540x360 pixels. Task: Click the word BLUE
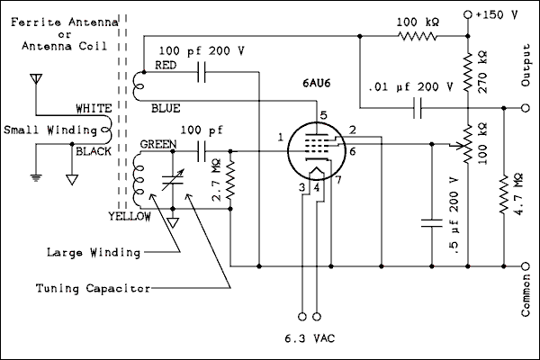[166, 109]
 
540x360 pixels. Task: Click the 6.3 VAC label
[308, 341]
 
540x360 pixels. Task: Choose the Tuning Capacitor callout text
[89, 288]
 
